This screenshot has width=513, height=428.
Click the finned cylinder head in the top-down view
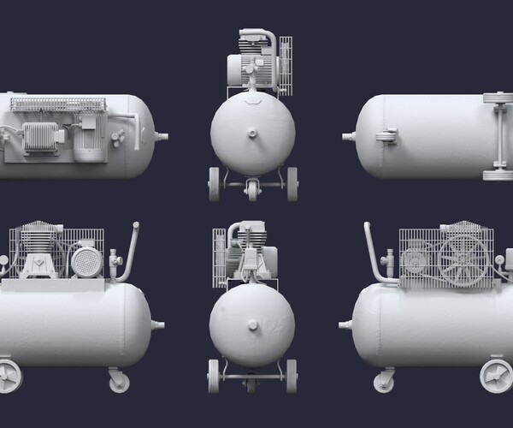pos(39,138)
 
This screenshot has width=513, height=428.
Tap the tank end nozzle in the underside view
pos(348,136)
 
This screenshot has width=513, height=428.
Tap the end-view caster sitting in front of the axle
pos(253,191)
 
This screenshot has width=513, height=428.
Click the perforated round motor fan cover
pos(85,258)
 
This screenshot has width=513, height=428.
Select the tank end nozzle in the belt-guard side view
pos(346,324)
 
